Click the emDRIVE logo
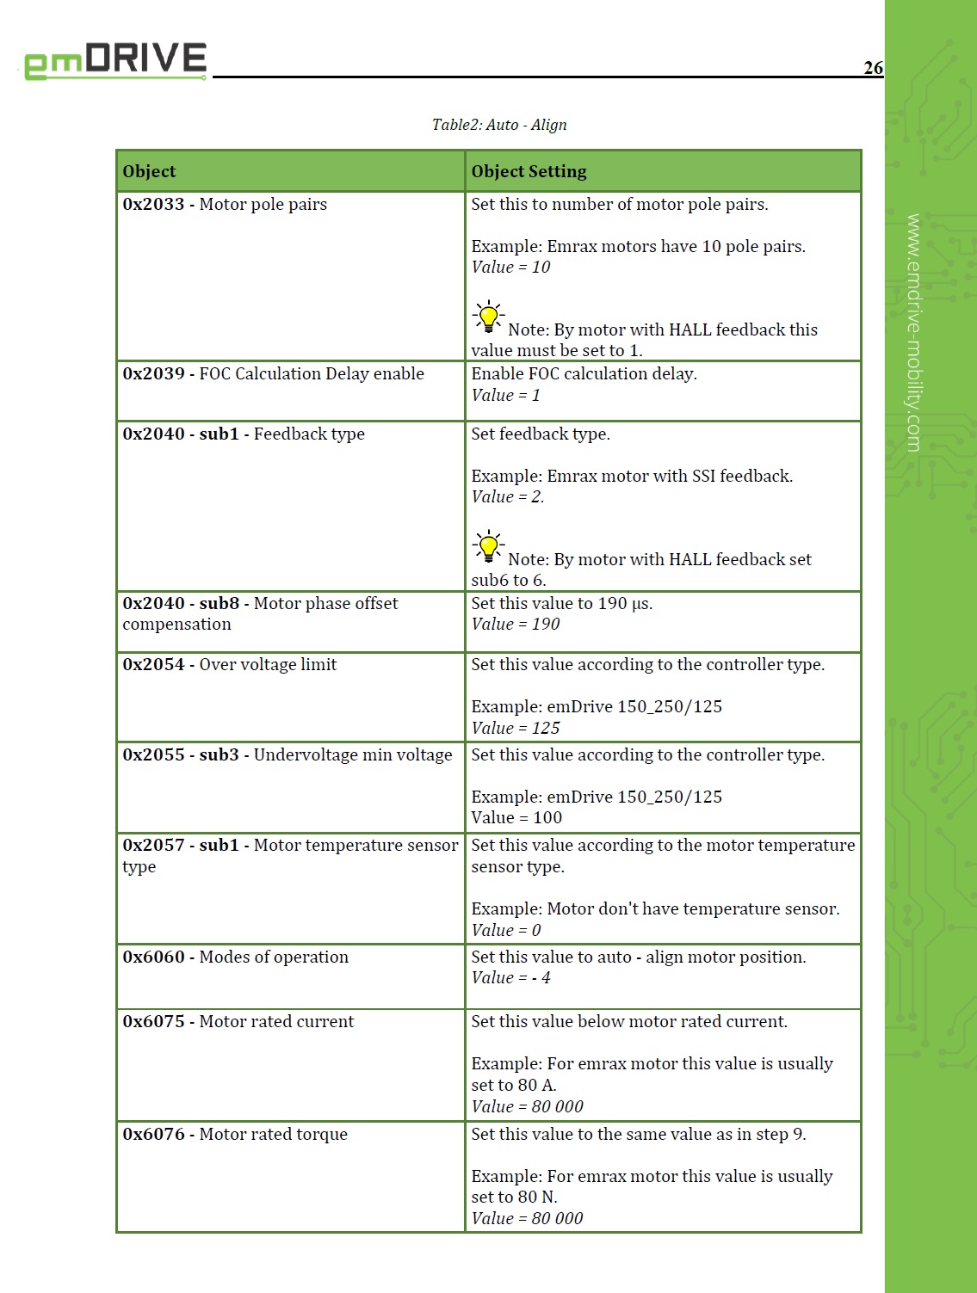[115, 60]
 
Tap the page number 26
[873, 68]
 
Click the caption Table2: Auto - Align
[499, 125]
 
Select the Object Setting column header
[529, 171]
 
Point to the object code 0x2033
[153, 205]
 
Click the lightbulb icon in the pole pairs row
[488, 317]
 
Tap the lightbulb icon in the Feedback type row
[488, 546]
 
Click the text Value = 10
[510, 268]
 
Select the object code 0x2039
[153, 374]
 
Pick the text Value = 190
[515, 625]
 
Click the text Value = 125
[515, 729]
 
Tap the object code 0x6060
[153, 957]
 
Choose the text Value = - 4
[510, 978]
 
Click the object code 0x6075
[153, 1022]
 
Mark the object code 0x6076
[153, 1135]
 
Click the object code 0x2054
[153, 665]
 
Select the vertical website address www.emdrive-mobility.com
[913, 332]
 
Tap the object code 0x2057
[153, 846]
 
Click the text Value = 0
[506, 931]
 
